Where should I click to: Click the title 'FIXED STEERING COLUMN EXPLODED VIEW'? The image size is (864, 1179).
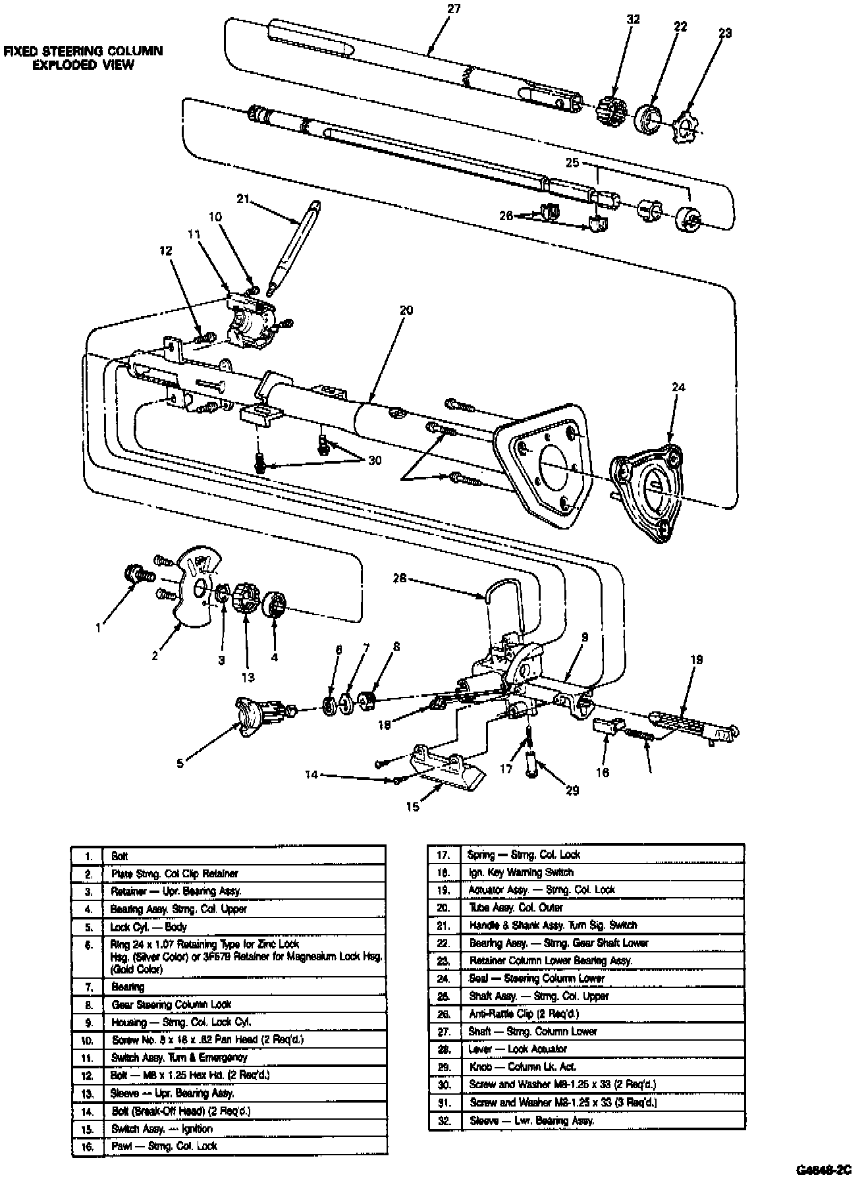click(83, 58)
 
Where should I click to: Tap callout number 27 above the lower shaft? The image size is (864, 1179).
click(453, 9)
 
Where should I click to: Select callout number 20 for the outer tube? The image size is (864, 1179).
click(406, 310)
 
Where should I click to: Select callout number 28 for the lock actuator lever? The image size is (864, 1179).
click(400, 579)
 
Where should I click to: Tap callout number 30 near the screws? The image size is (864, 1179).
click(375, 461)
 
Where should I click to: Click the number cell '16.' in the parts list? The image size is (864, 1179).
click(88, 1147)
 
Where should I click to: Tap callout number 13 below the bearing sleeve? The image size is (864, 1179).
click(248, 677)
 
